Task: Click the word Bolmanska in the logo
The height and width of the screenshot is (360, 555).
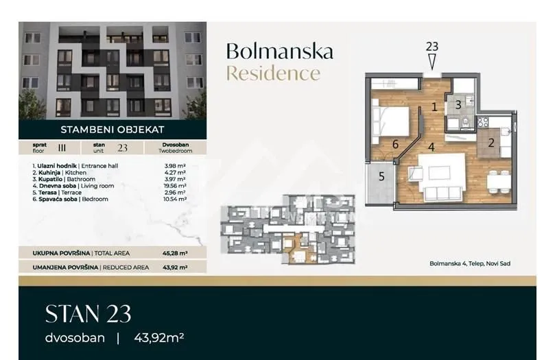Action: tap(279, 51)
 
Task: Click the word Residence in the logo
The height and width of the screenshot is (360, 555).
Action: tap(272, 73)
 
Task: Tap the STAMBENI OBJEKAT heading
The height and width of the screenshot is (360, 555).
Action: tap(112, 128)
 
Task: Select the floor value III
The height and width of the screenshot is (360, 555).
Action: tap(62, 147)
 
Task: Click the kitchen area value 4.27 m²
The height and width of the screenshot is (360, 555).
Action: tap(175, 172)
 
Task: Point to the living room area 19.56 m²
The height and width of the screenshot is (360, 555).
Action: tap(176, 186)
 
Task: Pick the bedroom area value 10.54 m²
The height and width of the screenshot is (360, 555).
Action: tap(176, 199)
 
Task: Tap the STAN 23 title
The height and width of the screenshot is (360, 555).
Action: tap(88, 314)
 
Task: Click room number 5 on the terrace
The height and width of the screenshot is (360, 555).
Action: tap(382, 176)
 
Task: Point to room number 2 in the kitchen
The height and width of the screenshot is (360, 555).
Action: tap(491, 143)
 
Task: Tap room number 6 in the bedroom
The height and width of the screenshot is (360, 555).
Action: tap(395, 144)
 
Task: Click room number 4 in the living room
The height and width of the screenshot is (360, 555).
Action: tap(431, 146)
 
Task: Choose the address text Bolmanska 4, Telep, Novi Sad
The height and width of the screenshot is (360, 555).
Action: tap(469, 263)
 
